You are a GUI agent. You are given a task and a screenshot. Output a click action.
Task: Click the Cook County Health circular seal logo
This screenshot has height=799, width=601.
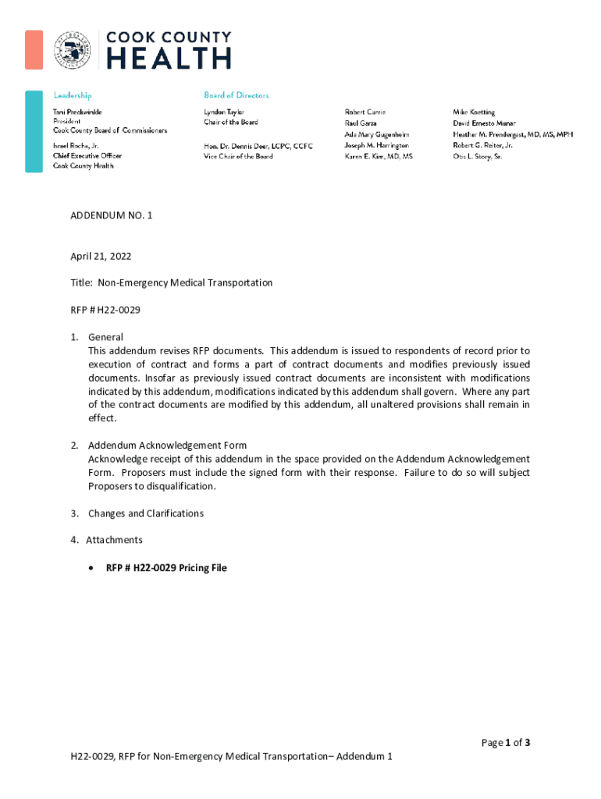[x=71, y=51]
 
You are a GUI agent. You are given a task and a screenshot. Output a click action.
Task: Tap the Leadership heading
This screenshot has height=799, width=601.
[x=72, y=95]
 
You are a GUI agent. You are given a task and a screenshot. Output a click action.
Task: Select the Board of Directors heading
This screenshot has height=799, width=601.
[x=236, y=95]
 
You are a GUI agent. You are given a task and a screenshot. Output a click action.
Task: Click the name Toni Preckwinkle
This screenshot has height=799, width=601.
[x=78, y=112]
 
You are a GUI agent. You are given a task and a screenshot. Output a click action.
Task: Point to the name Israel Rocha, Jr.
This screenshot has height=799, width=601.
[x=76, y=146]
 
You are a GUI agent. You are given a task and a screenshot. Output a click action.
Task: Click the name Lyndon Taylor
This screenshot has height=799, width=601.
[x=224, y=112]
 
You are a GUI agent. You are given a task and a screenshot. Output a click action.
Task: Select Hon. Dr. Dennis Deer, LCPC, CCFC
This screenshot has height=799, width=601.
[x=258, y=146]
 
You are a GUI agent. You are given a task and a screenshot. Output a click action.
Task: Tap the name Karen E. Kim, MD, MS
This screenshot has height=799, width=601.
[x=379, y=157]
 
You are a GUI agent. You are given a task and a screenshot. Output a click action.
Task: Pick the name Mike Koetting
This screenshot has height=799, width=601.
[x=474, y=112]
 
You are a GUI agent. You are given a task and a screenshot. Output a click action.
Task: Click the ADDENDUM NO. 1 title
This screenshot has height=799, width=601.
[x=111, y=215]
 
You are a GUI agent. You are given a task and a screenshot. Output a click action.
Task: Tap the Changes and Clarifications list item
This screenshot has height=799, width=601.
[x=145, y=513]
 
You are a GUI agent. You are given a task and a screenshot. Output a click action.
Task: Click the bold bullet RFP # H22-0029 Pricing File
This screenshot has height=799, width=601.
[x=166, y=568]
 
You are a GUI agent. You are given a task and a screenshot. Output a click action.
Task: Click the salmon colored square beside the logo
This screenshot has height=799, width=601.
[x=34, y=49]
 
